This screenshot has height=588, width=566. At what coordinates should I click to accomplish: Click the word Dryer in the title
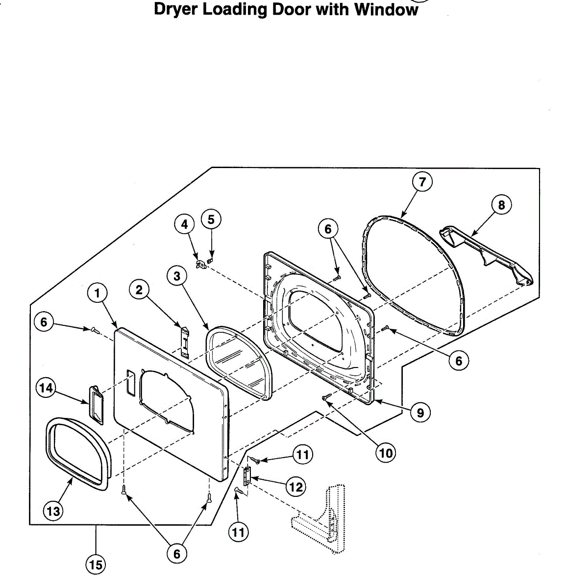[175, 10]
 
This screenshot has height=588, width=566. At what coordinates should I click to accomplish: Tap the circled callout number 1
[97, 294]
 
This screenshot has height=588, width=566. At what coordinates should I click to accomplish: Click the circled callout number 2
[139, 290]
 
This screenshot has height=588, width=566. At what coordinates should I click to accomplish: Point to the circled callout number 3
[176, 276]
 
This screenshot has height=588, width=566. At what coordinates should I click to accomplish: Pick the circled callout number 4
[184, 224]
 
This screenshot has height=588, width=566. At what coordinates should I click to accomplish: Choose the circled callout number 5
[211, 219]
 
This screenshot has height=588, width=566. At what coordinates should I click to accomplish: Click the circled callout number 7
[422, 182]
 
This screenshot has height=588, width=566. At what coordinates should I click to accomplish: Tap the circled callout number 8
[501, 204]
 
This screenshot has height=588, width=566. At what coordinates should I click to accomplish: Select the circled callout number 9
[420, 413]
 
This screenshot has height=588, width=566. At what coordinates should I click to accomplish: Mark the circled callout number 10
[386, 453]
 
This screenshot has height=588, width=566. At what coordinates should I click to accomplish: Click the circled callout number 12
[295, 487]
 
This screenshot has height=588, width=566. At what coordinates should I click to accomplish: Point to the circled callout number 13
[53, 512]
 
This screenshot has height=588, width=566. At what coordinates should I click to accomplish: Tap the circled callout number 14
[46, 388]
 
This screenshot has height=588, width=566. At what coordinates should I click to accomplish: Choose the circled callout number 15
[96, 565]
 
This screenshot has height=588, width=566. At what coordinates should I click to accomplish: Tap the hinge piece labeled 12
[247, 475]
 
